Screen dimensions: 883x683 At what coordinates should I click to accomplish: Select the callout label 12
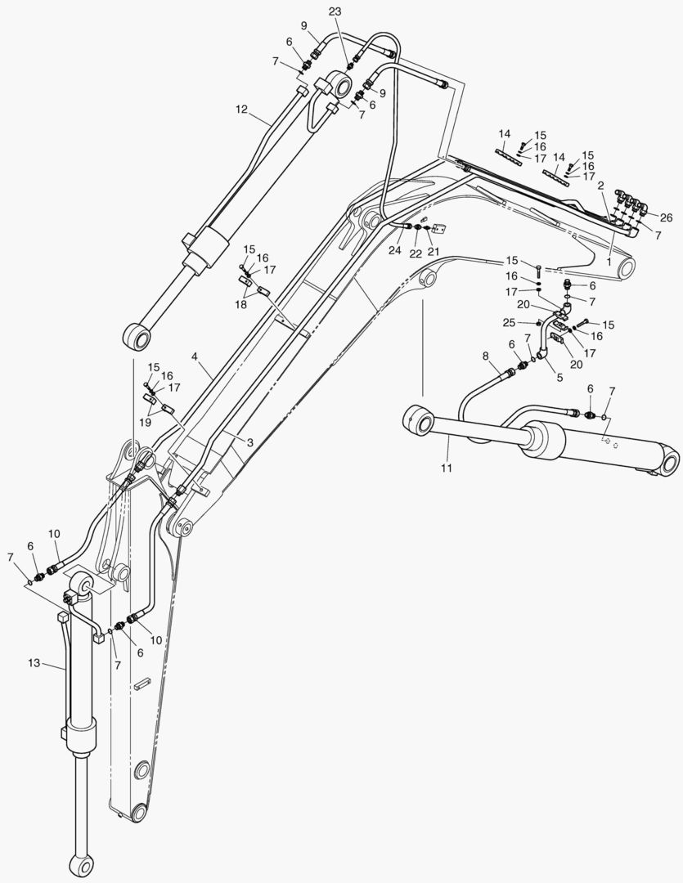241,108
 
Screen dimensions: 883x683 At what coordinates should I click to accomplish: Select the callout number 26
666,217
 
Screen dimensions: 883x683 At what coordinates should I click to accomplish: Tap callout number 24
395,250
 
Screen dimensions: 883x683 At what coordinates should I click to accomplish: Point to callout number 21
434,250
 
